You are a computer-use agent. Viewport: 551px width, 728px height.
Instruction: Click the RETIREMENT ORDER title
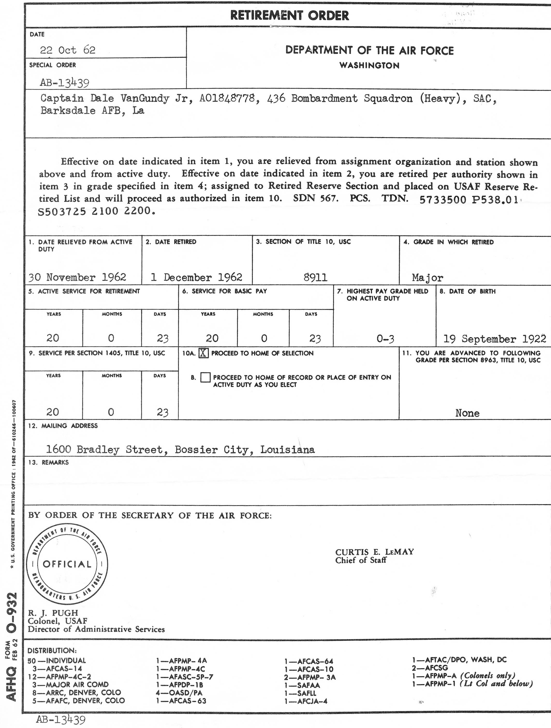coord(289,15)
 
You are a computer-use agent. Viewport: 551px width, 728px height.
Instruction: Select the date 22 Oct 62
coord(67,50)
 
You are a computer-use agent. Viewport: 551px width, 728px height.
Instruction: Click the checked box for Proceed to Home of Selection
coord(204,353)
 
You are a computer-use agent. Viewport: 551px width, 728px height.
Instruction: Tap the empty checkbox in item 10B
coord(205,377)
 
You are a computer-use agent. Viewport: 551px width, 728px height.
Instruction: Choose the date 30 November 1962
coord(77,277)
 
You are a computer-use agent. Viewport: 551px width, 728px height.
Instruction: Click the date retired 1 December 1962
coord(196,277)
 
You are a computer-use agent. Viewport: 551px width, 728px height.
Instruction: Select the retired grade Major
coord(427,278)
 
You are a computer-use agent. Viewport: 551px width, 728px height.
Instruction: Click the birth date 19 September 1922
coord(495,339)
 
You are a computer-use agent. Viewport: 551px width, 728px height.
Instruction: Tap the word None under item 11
coord(467,413)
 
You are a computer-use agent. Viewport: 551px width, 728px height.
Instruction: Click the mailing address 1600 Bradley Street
coord(180,450)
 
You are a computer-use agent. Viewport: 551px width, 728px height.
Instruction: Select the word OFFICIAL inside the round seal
coord(67,564)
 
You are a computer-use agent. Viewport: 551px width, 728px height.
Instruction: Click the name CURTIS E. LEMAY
coord(374,552)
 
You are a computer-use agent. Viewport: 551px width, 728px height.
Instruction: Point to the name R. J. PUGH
coord(53,613)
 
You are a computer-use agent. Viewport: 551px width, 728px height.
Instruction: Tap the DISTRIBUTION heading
coord(52,651)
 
